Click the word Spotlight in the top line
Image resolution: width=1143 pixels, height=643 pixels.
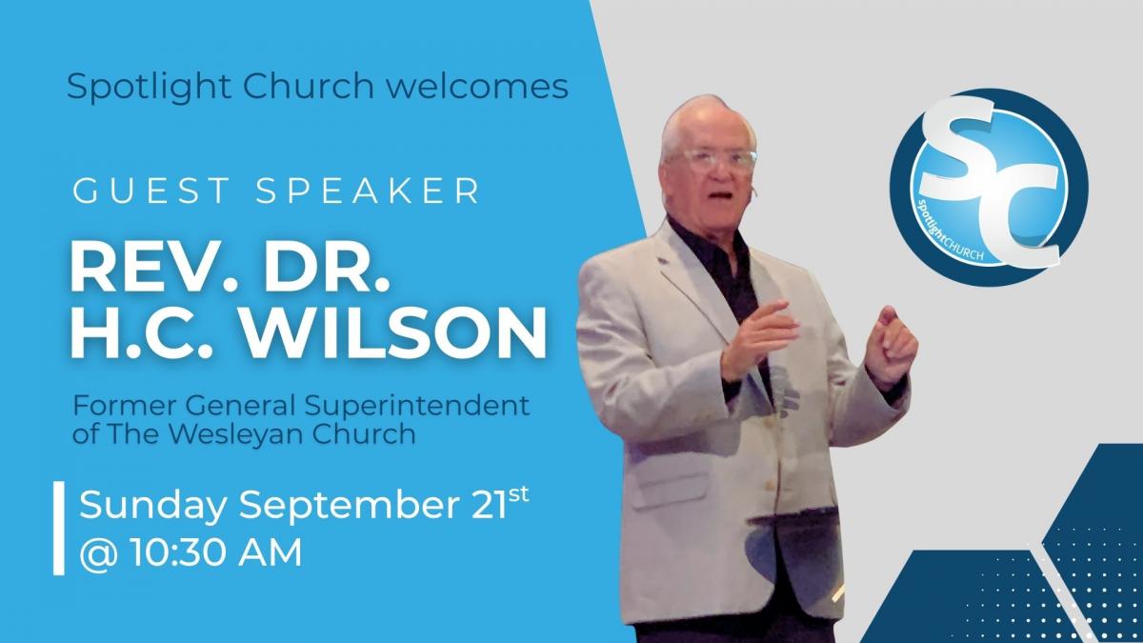pos(149,87)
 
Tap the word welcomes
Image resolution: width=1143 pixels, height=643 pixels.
pos(477,86)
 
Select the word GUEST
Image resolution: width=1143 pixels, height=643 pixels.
pos(151,191)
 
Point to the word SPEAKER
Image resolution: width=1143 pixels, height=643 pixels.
pos(368,191)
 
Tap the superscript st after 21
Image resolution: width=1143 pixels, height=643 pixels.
pos(518,494)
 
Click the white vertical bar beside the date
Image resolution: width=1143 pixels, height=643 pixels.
pos(59,528)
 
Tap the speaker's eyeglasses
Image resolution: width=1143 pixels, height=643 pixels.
pos(712,158)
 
